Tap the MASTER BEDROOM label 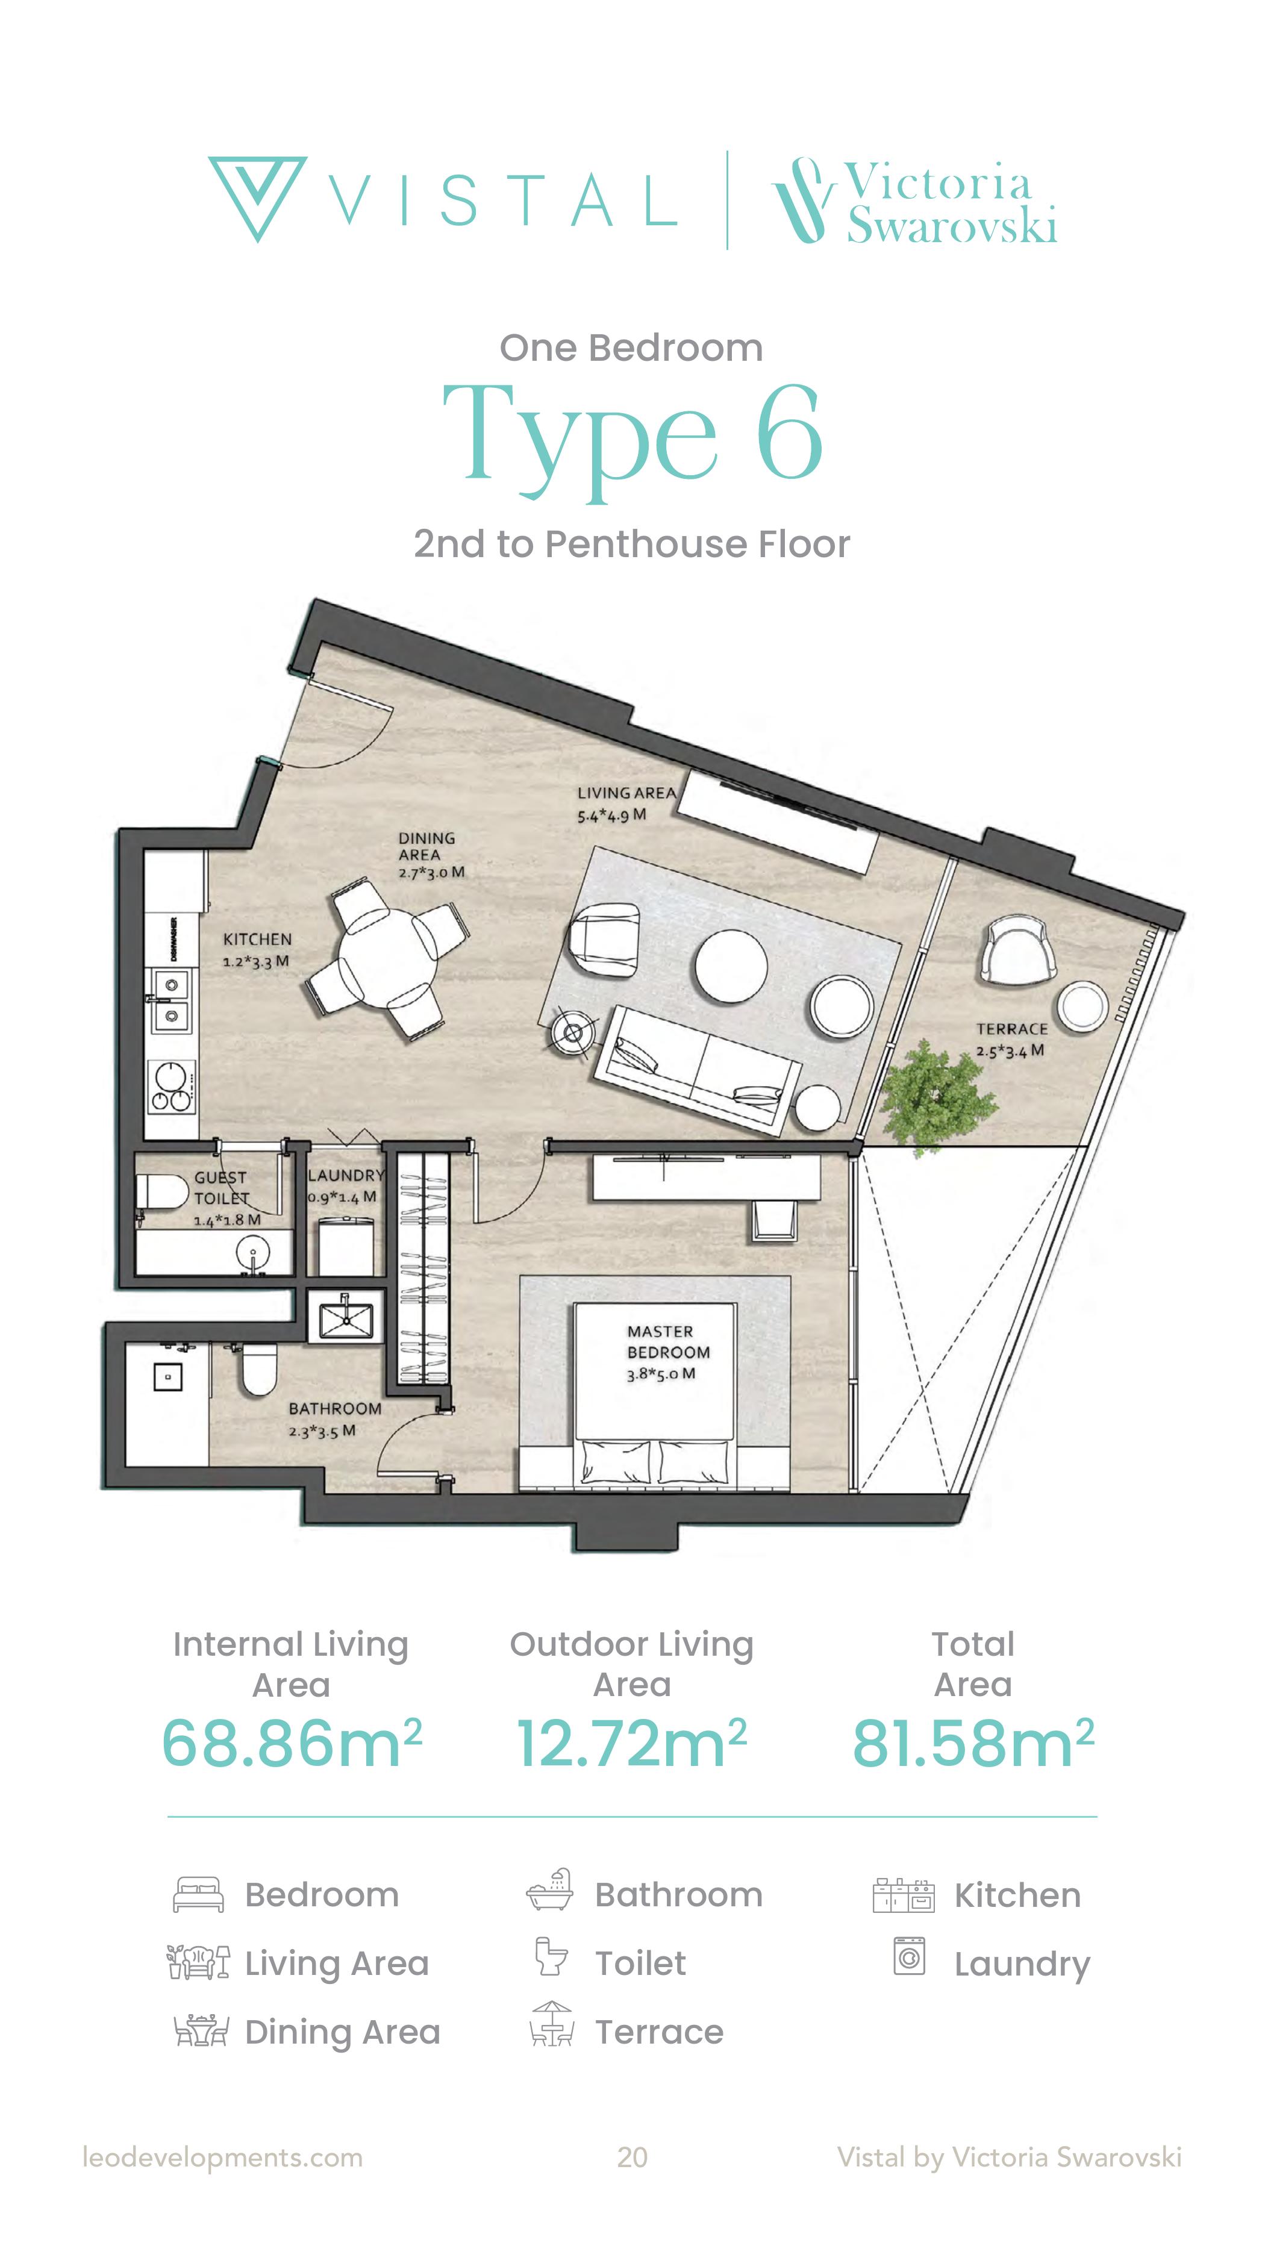click(669, 1342)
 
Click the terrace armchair click(1017, 951)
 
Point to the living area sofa click(696, 1070)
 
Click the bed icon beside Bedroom click(198, 1895)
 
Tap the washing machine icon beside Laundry click(909, 1956)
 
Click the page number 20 click(632, 2157)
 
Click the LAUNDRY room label click(346, 1175)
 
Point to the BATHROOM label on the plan click(336, 1408)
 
